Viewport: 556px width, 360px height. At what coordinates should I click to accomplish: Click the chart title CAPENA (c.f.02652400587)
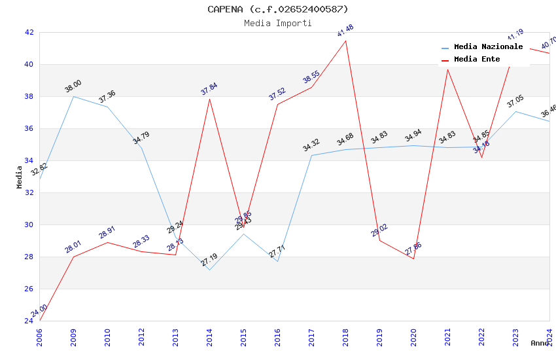click(x=278, y=9)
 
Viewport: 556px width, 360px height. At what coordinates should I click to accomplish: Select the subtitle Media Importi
click(x=278, y=23)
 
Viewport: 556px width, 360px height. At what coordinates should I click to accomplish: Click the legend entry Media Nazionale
click(x=488, y=47)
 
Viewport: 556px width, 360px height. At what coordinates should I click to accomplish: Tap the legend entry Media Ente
click(x=477, y=59)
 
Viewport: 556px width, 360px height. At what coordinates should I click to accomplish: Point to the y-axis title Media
click(x=20, y=177)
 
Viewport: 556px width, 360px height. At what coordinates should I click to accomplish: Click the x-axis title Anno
click(x=540, y=343)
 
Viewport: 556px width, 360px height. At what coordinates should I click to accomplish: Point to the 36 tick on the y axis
click(x=29, y=128)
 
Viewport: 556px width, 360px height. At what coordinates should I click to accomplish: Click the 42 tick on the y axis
click(x=29, y=32)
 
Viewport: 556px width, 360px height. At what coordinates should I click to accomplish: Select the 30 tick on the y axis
click(x=29, y=225)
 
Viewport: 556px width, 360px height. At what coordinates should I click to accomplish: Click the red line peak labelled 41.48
click(x=345, y=41)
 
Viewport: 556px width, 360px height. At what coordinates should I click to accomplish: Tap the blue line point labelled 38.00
click(x=73, y=96)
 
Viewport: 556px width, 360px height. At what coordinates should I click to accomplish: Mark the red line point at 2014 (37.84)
click(x=209, y=99)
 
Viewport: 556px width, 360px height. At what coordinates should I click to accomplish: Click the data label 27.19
click(x=209, y=260)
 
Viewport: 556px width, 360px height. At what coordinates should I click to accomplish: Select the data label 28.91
click(x=107, y=233)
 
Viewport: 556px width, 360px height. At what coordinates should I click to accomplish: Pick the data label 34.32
click(x=311, y=145)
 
